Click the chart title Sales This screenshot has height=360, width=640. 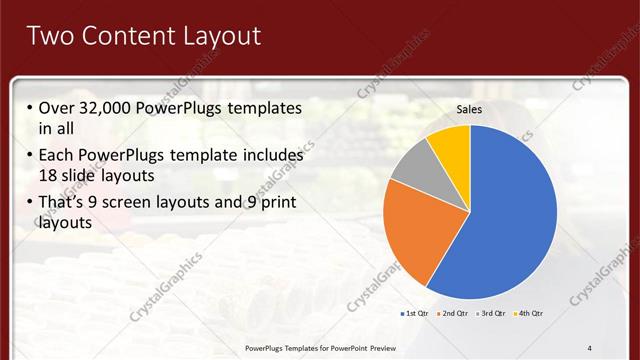pyautogui.click(x=470, y=109)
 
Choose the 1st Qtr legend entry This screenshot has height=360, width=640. pyautogui.click(x=416, y=314)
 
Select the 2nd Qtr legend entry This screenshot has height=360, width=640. pyautogui.click(x=455, y=314)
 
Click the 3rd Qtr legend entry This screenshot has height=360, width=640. pyautogui.click(x=494, y=314)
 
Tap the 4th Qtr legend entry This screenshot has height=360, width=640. pyautogui.click(x=532, y=314)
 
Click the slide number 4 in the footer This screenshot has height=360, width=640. pyautogui.click(x=590, y=347)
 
